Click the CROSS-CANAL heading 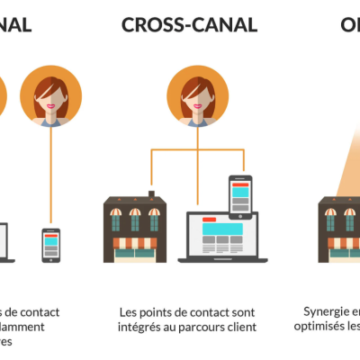(189, 23)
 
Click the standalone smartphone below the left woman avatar (51, 244)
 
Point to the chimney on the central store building (153, 193)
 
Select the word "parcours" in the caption (205, 328)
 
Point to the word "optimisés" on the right (322, 328)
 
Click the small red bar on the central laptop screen (209, 219)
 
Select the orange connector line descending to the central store (151, 171)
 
